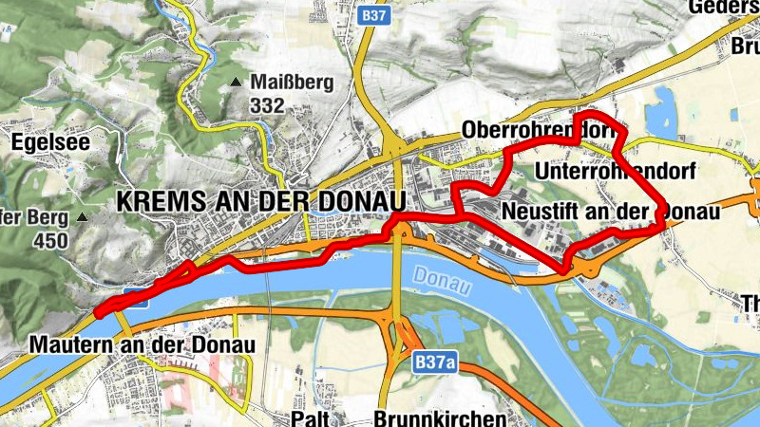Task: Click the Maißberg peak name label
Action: click(x=293, y=84)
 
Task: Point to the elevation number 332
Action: click(x=268, y=105)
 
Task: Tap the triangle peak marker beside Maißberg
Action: click(x=236, y=84)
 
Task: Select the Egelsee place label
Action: click(x=51, y=142)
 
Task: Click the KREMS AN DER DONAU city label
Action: click(x=259, y=201)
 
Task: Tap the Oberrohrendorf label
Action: click(x=532, y=129)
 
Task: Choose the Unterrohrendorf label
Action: click(x=617, y=172)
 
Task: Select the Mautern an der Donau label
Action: click(x=142, y=344)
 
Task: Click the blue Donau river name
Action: click(x=441, y=276)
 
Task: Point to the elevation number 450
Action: click(x=50, y=241)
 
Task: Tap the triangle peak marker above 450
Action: click(x=83, y=217)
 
